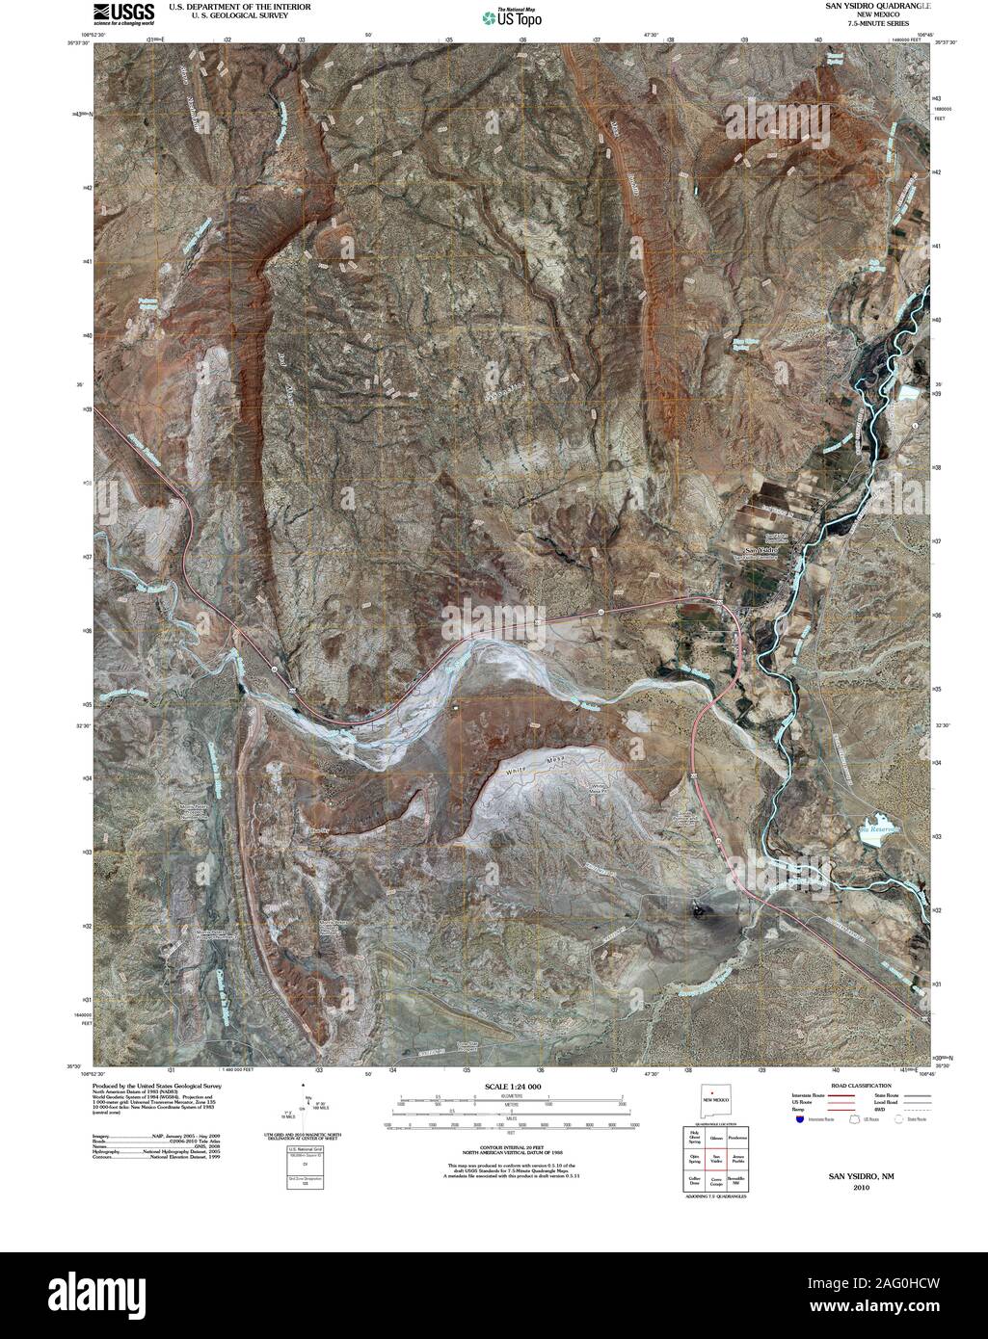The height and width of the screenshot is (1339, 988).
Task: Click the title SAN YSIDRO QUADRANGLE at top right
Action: (x=877, y=6)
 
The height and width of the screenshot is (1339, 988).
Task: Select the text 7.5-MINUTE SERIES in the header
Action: (x=876, y=23)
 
